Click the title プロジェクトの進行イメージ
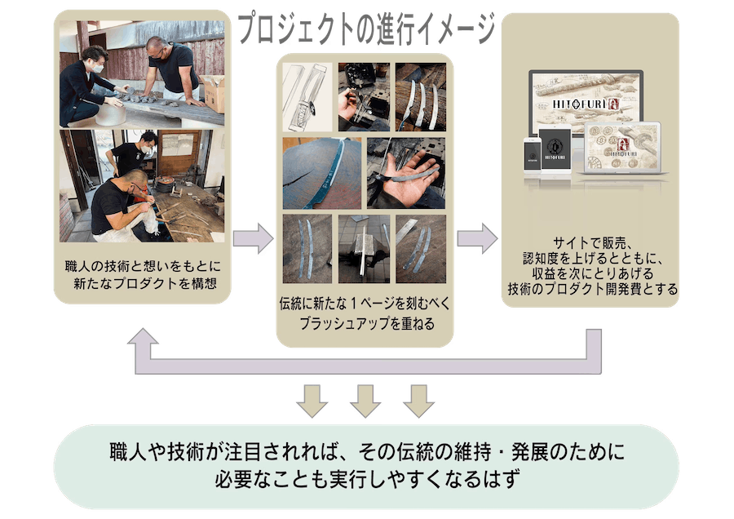(x=366, y=29)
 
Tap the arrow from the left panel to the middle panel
(x=254, y=238)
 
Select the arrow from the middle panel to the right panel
(x=477, y=238)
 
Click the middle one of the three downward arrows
(x=365, y=401)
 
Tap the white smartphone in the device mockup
(x=532, y=155)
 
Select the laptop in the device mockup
(x=623, y=149)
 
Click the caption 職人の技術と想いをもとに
(x=143, y=267)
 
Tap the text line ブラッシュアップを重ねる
(x=366, y=324)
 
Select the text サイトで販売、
(x=592, y=242)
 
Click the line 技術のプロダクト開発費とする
(x=592, y=289)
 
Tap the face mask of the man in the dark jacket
(x=98, y=69)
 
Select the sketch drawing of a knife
(x=307, y=97)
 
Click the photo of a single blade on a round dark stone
(x=322, y=173)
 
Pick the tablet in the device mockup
(x=555, y=149)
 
